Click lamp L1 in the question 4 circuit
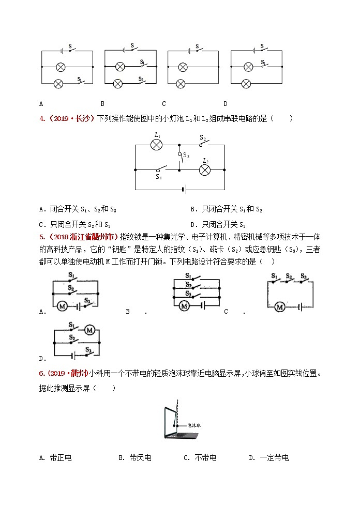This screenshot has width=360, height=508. (x=156, y=145)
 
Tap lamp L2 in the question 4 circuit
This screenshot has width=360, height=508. (x=205, y=169)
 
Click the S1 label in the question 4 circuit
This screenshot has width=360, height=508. (x=159, y=177)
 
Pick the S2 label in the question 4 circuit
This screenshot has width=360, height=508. (x=203, y=138)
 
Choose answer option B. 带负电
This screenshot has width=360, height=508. (x=134, y=457)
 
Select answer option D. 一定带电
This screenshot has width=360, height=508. (x=268, y=457)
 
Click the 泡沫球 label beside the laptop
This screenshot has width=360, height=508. (x=194, y=425)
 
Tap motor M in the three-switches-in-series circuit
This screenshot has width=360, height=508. (x=280, y=307)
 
